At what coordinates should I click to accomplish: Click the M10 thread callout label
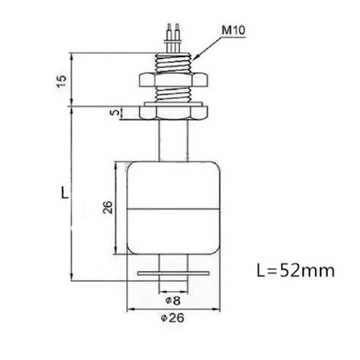pos(233,30)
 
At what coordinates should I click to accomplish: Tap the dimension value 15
pos(62,81)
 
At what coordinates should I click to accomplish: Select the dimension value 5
pos(115,112)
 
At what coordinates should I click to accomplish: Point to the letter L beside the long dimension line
pos(65,192)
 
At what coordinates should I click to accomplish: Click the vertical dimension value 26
pos(108,207)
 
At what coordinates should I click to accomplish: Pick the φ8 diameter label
pos(173,301)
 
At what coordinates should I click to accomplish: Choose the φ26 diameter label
pos(172,317)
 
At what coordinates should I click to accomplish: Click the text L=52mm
pos(295,270)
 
